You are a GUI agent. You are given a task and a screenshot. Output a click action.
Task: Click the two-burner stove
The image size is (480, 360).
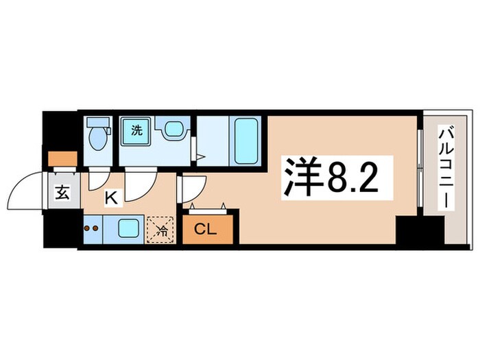[x=92, y=227]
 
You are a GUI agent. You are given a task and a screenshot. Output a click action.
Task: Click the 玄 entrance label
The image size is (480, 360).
[x=62, y=193]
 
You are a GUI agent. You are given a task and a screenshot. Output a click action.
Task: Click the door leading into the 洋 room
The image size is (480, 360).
[x=192, y=187]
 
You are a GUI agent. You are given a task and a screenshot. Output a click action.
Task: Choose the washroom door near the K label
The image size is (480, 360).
[x=141, y=182]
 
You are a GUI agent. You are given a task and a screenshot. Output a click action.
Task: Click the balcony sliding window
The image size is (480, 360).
[x=420, y=165]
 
